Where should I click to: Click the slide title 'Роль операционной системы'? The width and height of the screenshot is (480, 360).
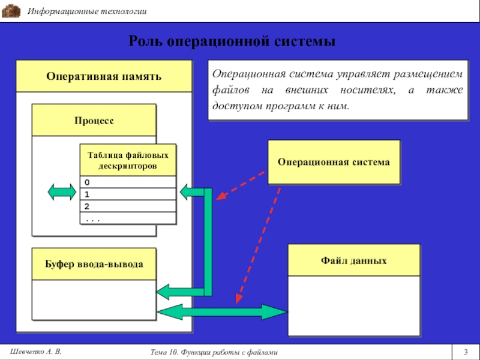pyautogui.click(x=232, y=42)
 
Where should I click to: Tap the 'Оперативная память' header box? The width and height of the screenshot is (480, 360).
pyautogui.click(x=104, y=77)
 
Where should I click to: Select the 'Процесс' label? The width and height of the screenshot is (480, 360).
pyautogui.click(x=94, y=121)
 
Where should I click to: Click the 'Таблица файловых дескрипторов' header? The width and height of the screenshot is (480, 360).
pyautogui.click(x=128, y=160)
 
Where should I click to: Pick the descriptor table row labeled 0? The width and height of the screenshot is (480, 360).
pyautogui.click(x=128, y=182)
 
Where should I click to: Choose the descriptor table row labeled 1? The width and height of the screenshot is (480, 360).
pyautogui.click(x=128, y=194)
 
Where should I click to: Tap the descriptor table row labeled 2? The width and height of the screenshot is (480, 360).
pyautogui.click(x=128, y=206)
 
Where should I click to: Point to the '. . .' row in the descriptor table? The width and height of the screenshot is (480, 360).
pyautogui.click(x=128, y=218)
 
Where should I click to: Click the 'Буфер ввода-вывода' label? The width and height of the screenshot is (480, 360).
pyautogui.click(x=94, y=264)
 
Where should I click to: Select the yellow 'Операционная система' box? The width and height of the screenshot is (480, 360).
pyautogui.click(x=334, y=162)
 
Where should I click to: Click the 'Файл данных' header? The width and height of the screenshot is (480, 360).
pyautogui.click(x=353, y=260)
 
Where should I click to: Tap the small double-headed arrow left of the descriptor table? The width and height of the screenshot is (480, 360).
pyautogui.click(x=62, y=192)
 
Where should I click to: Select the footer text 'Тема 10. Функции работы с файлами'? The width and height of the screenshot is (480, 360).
pyautogui.click(x=214, y=352)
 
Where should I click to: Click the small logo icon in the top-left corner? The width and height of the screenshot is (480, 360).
pyautogui.click(x=11, y=11)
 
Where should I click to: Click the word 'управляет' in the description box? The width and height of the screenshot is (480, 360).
pyautogui.click(x=353, y=74)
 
